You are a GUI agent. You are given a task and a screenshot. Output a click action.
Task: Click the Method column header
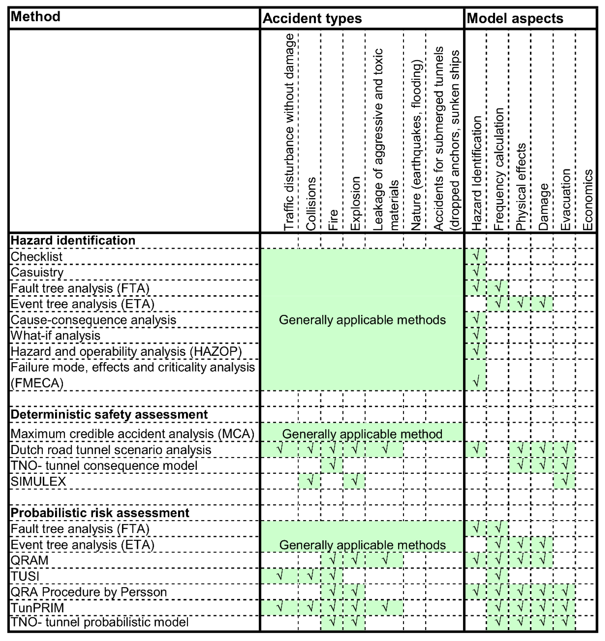36,16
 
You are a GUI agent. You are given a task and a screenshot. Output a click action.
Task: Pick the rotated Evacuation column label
565,199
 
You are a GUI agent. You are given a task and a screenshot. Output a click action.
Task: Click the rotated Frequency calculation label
499,169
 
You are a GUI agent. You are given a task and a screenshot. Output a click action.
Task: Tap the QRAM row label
29,560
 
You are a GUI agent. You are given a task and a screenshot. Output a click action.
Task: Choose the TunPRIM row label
37,608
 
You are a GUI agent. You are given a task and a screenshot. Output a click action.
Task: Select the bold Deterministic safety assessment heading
109,414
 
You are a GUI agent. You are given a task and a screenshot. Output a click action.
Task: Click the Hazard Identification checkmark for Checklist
476,256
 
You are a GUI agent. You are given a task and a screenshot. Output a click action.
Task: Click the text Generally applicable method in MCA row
362,434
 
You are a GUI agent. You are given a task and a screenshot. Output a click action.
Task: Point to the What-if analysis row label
55,336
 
